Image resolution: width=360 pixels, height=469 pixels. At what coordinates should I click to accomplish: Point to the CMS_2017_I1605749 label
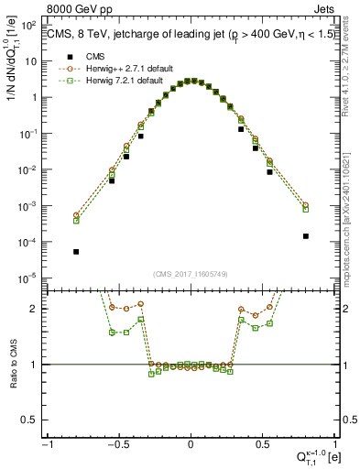pos(190,273)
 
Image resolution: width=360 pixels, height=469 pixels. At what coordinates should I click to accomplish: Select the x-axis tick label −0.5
pos(118,443)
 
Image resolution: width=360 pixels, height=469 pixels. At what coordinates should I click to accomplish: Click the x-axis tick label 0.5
pos(261,443)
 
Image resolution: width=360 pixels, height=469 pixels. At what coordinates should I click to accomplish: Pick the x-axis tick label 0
pos(191,443)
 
